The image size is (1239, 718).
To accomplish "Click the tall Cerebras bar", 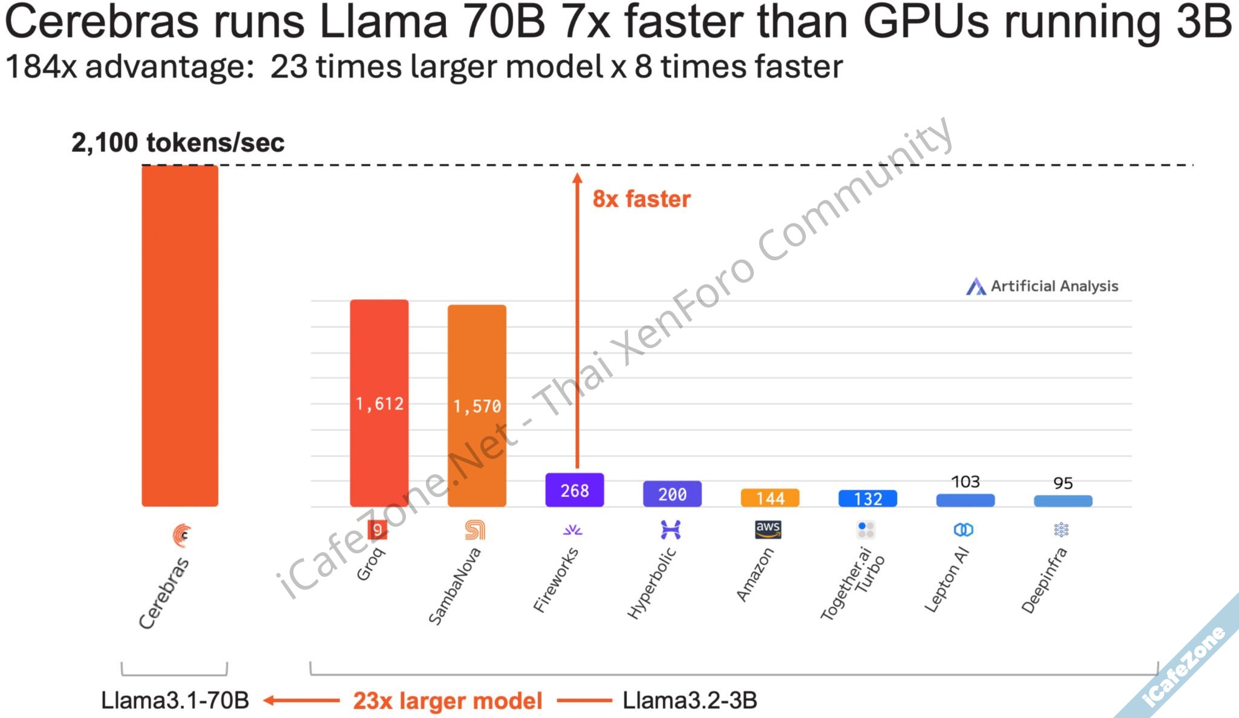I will click(x=180, y=336).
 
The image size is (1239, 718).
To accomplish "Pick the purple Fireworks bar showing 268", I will click(x=574, y=490).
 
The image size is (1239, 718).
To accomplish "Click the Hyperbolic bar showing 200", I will click(x=672, y=494).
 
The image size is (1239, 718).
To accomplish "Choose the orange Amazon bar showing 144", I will click(x=770, y=498).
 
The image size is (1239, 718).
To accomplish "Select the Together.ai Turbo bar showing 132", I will click(x=868, y=498).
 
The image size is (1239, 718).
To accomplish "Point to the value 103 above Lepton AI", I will click(x=965, y=482).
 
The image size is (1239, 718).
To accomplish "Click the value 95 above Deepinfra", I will click(x=1063, y=483).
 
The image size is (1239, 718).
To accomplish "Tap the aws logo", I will click(x=768, y=529).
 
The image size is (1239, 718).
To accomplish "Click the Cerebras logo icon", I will click(x=181, y=535).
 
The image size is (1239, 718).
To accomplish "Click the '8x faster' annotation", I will click(x=641, y=199).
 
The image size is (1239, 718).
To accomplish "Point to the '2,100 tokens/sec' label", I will click(x=178, y=143).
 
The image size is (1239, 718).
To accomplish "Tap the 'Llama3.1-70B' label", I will click(x=175, y=700).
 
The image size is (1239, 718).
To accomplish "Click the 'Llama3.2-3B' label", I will click(x=690, y=700).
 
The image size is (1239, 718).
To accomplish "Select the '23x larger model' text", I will click(x=448, y=701).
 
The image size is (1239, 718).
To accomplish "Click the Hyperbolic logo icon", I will click(x=670, y=530).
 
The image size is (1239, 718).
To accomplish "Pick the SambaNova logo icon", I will click(x=475, y=530).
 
